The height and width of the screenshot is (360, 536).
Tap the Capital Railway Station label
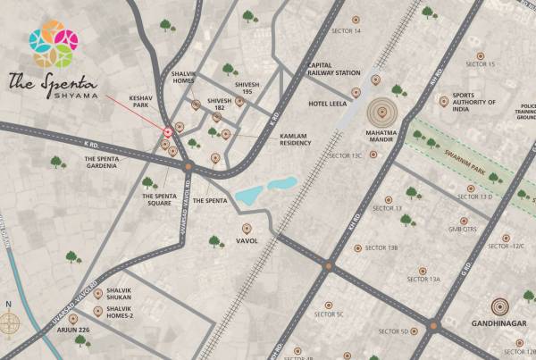pyautogui.click(x=333, y=70)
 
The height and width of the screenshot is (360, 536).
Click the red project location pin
pyautogui.click(x=167, y=132)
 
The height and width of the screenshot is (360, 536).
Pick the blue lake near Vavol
pyautogui.click(x=265, y=189)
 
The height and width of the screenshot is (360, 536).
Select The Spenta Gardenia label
pyautogui.click(x=113, y=163)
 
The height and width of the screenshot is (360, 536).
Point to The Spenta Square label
pyautogui.click(x=160, y=199)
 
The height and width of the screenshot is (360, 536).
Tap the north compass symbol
pyautogui.click(x=11, y=326)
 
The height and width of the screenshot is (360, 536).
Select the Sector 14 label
pyautogui.click(x=346, y=30)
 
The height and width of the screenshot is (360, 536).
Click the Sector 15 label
pyautogui.click(x=480, y=64)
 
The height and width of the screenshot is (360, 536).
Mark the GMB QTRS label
pyautogui.click(x=463, y=229)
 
